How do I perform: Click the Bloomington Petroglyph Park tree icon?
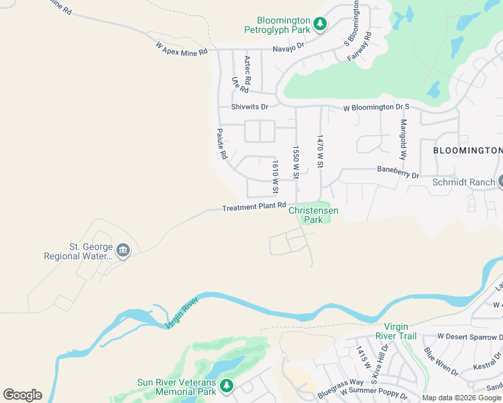(x=321, y=24)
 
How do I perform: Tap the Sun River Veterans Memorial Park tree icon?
(x=227, y=385)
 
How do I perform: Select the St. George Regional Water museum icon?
(x=122, y=251)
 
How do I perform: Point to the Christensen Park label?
(x=313, y=215)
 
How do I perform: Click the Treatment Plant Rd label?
(x=254, y=208)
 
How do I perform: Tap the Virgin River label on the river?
(x=182, y=316)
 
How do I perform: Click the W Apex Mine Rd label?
(x=182, y=49)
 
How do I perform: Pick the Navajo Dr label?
(x=288, y=48)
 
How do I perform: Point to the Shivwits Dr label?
(x=249, y=107)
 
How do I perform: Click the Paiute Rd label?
(x=221, y=144)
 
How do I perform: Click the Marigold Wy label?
(x=403, y=138)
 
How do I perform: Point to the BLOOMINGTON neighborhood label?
(x=467, y=150)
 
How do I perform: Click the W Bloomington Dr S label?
(x=376, y=107)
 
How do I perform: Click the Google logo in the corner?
(x=22, y=395)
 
